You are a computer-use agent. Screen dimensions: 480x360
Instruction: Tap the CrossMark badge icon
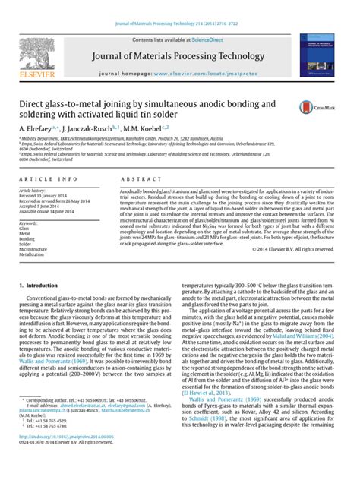(308, 107)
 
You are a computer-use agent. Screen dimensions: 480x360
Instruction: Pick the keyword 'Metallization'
(33, 254)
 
